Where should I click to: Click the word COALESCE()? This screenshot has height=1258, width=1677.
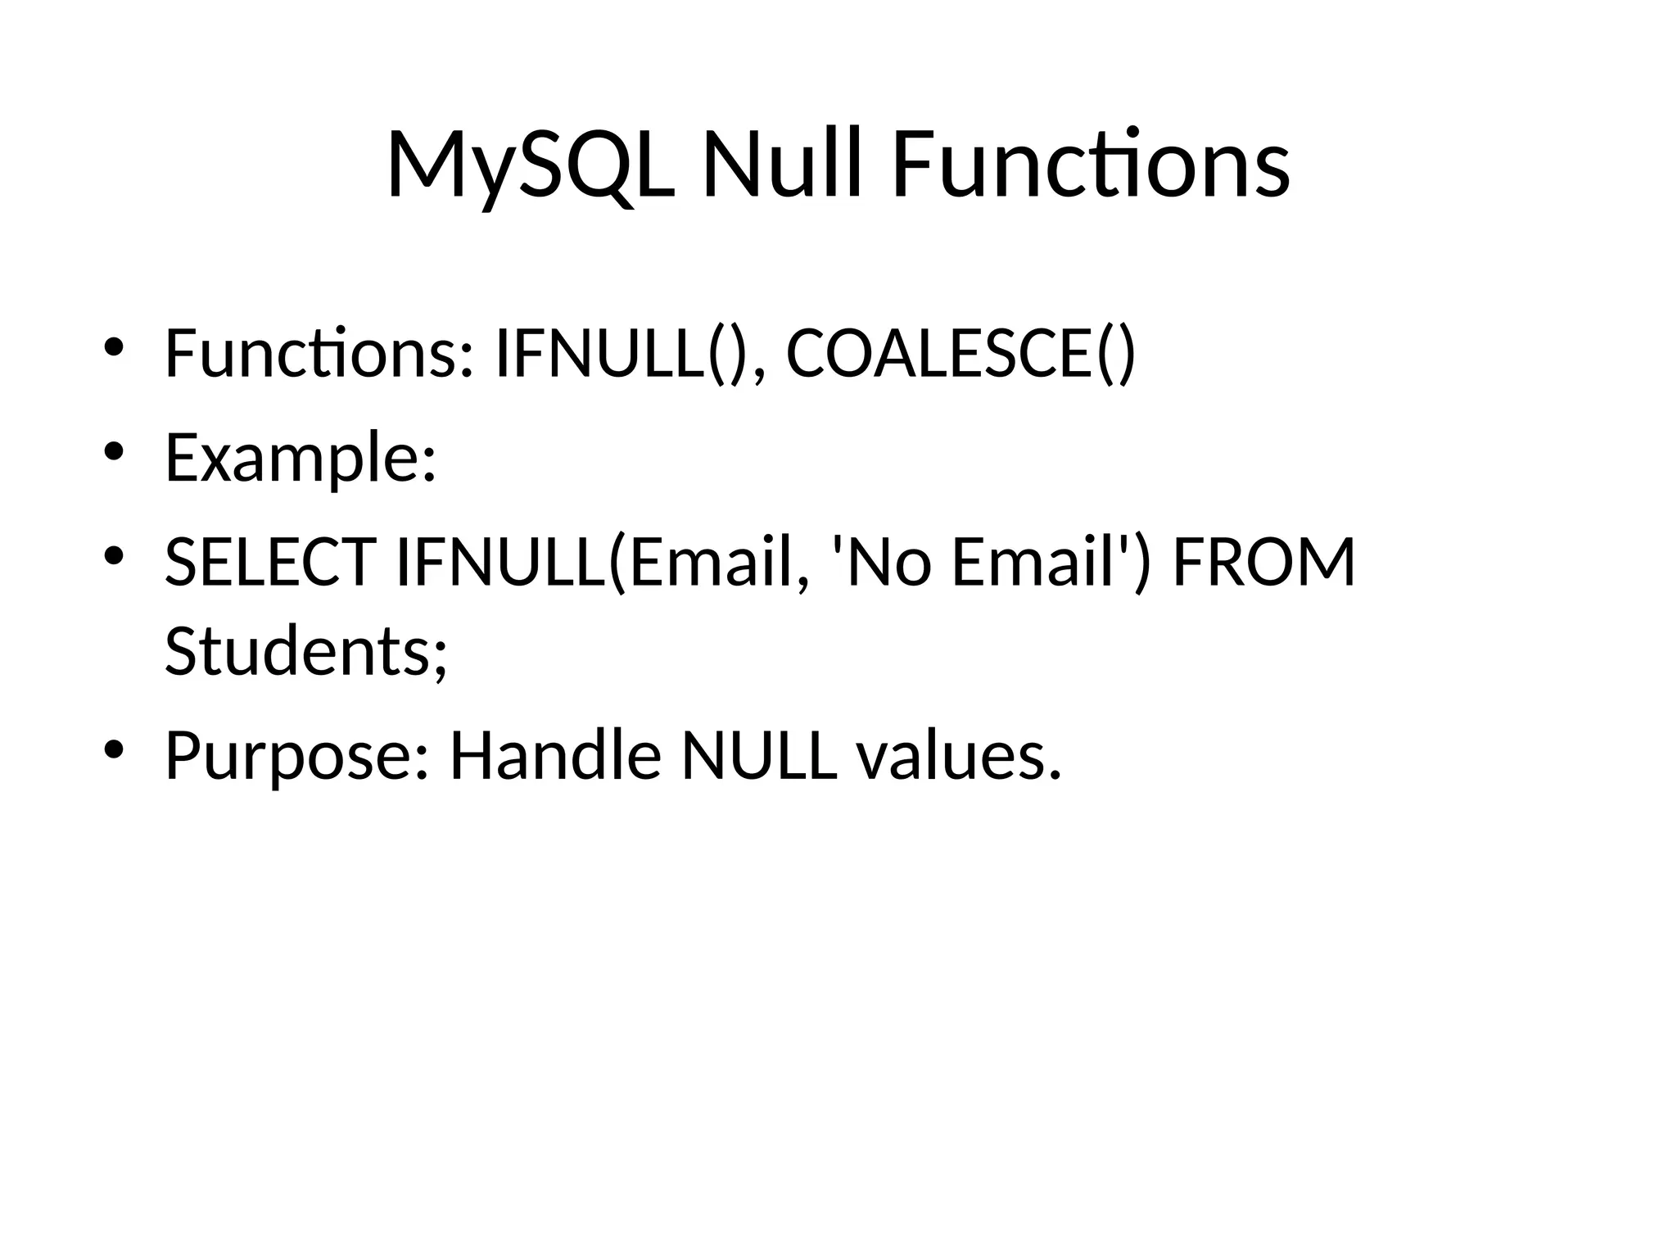coord(961,354)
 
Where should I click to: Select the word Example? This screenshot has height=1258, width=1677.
coord(301,459)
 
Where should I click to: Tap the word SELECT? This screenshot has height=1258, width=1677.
coord(270,563)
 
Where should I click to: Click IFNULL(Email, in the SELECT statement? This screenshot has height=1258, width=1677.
coord(602,563)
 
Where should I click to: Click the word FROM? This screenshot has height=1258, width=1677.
coord(1264,563)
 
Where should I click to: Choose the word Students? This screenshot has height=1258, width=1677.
coord(306,651)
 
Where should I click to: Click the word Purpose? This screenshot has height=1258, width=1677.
coord(296,755)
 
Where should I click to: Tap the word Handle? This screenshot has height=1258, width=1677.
coord(555,755)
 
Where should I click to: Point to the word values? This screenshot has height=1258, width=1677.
coord(959,755)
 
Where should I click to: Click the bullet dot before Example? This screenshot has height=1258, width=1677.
coord(114,451)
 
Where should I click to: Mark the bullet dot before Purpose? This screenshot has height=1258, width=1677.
coord(114,749)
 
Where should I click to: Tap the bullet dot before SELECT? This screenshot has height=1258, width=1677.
coord(114,556)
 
